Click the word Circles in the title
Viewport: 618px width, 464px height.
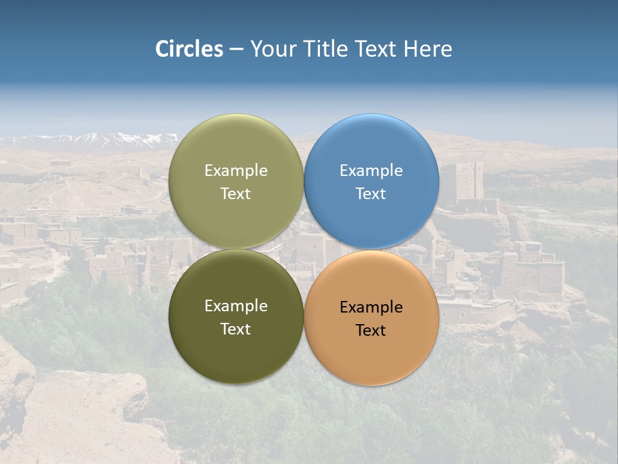189,49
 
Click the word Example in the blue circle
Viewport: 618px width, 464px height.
371,171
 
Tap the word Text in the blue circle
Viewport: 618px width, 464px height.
371,194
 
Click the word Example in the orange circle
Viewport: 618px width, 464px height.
371,307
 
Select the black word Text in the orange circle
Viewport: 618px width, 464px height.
371,331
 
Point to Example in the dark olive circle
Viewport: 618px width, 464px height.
236,306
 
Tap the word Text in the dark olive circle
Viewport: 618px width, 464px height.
236,329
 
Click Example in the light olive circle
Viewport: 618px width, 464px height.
236,171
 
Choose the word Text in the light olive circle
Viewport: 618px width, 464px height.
236,194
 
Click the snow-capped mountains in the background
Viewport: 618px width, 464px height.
97,139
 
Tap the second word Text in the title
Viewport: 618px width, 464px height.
377,49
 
